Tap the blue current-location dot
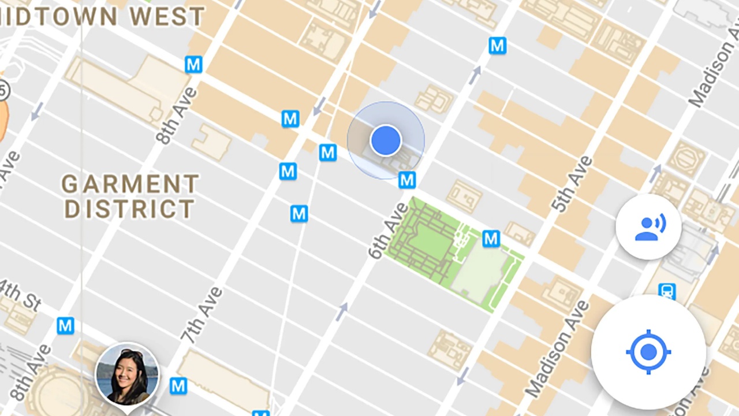(x=386, y=140)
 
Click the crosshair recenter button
(x=648, y=351)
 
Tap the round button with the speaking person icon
(x=648, y=226)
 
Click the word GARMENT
(x=130, y=185)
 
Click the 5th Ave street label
(x=572, y=184)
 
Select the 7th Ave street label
(x=201, y=315)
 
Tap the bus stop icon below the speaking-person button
(x=667, y=291)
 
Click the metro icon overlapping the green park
(x=491, y=238)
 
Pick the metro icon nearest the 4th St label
(x=65, y=326)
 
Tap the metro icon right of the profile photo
(x=178, y=385)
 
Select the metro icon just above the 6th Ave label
(x=407, y=180)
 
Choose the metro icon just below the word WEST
(x=193, y=65)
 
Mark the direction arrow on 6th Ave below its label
(x=342, y=312)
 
